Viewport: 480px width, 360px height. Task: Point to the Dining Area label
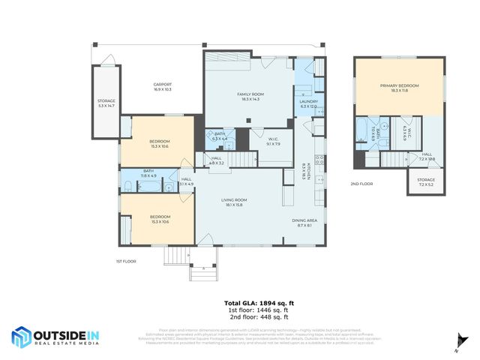point(304,222)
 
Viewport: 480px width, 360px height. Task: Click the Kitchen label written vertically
point(304,172)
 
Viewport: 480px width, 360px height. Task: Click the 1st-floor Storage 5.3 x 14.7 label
point(106,103)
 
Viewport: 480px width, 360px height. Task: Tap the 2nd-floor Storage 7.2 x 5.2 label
point(426,182)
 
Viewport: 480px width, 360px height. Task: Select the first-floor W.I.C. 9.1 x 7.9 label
point(274,141)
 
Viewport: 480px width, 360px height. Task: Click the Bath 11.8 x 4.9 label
point(148,173)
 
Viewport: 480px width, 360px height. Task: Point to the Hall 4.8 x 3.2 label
point(216,160)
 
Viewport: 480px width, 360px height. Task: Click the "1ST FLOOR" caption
point(124,261)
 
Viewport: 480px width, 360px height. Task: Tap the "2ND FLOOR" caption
point(361,184)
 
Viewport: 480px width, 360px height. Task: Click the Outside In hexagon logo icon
point(22,337)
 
